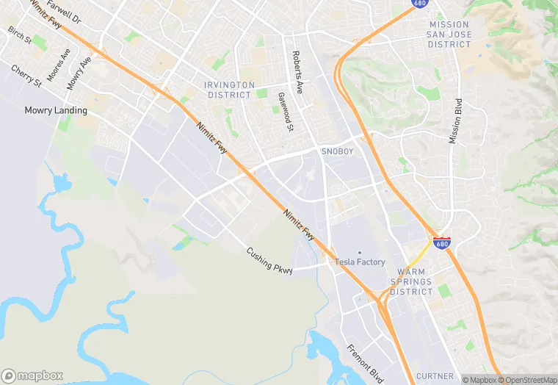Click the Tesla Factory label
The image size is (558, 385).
[360, 262]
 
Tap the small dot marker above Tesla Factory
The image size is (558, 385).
[360, 253]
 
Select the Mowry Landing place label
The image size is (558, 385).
[56, 111]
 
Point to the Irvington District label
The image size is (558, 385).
[231, 90]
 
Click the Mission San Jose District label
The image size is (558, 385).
[449, 35]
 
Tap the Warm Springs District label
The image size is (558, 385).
[411, 281]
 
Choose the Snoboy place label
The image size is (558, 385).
[338, 151]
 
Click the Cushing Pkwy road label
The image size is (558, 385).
[269, 261]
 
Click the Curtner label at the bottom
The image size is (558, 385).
[435, 376]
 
